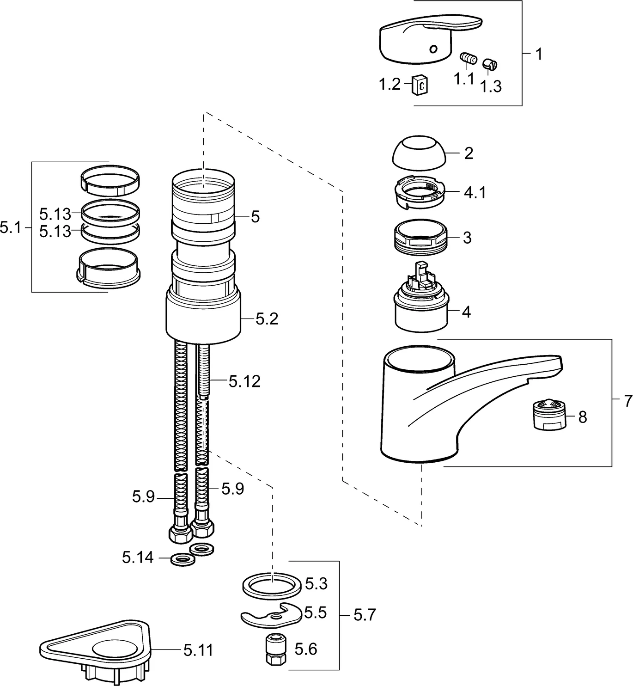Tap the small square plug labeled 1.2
[420, 85]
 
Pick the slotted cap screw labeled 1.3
[490, 65]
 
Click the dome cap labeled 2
[419, 153]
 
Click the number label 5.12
[244, 381]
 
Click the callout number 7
[627, 401]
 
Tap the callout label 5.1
[11, 227]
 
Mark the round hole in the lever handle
[433, 49]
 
